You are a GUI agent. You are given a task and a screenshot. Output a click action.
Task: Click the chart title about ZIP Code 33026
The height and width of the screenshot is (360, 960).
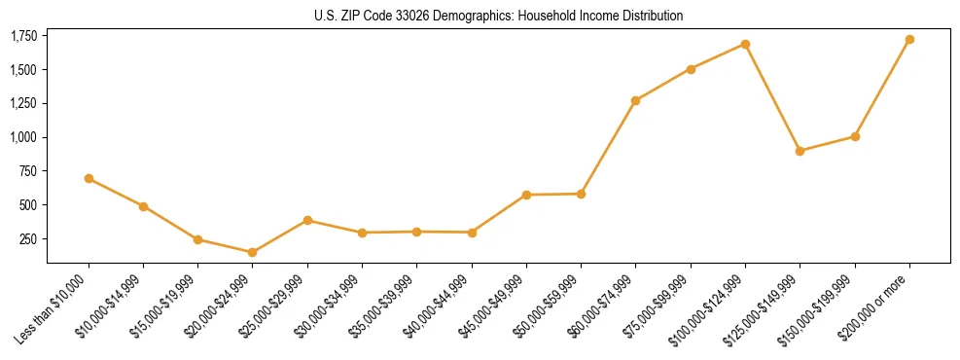[499, 16]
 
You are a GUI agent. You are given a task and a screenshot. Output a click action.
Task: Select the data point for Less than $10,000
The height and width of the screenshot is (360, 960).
[89, 178]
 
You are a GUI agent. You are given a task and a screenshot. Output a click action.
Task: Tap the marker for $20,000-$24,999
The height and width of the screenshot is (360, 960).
[252, 252]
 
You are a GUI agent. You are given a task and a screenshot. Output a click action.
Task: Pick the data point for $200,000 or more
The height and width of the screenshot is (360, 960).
[909, 40]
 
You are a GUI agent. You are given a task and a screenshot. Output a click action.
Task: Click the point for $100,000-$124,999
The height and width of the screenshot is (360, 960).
[745, 44]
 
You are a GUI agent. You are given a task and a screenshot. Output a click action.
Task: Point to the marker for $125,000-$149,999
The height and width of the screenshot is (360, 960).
[800, 151]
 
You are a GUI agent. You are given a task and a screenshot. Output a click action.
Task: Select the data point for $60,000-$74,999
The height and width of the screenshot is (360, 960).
[635, 100]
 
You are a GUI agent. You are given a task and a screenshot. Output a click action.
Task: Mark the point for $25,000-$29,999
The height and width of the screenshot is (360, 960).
[307, 220]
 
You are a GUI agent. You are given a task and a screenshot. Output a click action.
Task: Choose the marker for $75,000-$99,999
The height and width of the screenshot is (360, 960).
[691, 69]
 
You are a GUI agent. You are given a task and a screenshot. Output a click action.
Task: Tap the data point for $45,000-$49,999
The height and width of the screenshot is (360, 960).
[526, 195]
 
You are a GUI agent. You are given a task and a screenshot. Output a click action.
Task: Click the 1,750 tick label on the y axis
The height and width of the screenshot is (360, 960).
[23, 36]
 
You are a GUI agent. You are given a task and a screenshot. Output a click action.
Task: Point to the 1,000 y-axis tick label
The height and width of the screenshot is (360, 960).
[23, 137]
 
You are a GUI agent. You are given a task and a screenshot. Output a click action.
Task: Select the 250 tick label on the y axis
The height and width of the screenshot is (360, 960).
[29, 238]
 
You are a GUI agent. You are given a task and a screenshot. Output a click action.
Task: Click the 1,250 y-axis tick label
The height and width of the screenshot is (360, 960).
[23, 103]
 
